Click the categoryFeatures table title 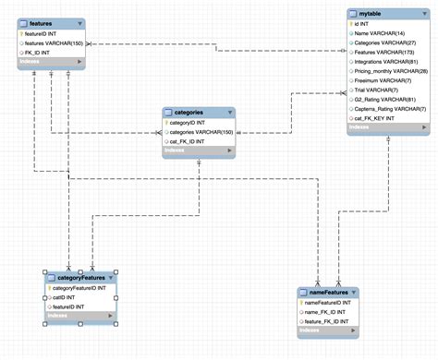[x=79, y=276]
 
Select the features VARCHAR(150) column [x=56, y=43]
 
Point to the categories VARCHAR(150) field [x=201, y=132]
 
